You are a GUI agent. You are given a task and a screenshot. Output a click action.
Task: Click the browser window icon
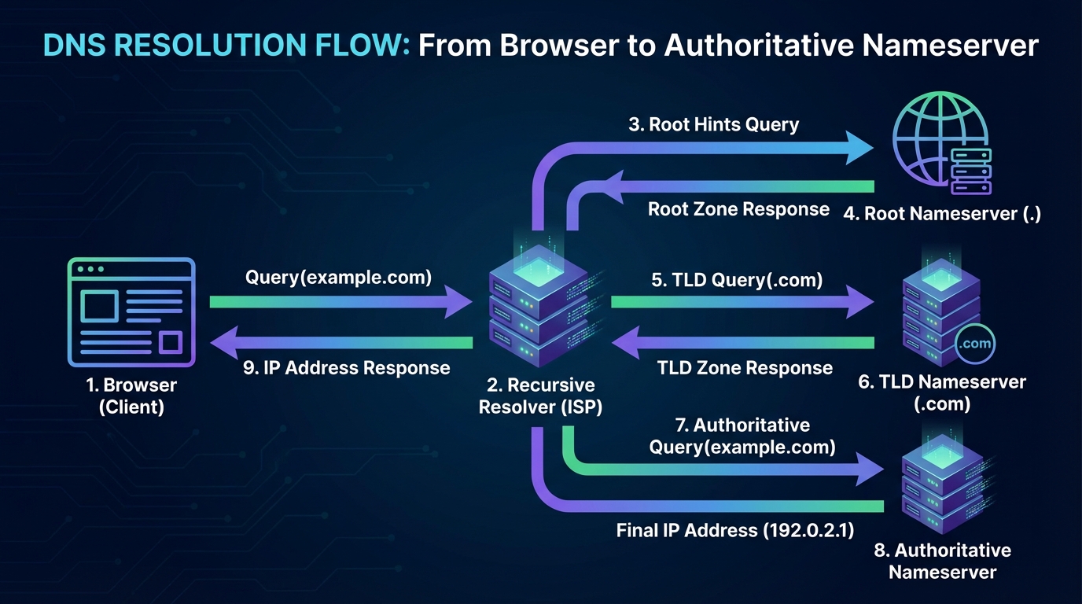(131, 312)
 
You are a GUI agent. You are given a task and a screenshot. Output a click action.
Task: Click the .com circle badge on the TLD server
(976, 344)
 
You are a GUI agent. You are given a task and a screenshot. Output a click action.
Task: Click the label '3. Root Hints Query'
(713, 124)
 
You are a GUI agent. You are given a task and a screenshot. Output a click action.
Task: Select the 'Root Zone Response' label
(738, 209)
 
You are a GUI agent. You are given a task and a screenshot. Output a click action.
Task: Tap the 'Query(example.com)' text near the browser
(339, 278)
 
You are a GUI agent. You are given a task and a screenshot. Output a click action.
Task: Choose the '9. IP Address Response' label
(346, 368)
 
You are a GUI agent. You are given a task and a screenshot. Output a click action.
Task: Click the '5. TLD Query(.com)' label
(737, 280)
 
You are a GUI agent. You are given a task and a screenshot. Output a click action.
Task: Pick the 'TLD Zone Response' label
(745, 368)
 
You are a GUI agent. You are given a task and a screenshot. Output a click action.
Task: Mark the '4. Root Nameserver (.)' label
(941, 214)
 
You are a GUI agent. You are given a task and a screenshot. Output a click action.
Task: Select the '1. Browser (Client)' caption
(131, 396)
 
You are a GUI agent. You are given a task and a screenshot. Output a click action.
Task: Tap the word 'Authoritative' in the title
(758, 46)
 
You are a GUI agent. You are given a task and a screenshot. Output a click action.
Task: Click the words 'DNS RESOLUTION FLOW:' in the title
(226, 46)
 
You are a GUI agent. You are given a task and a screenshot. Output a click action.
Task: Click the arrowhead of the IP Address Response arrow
(224, 342)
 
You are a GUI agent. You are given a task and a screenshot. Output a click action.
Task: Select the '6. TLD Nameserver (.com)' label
(942, 392)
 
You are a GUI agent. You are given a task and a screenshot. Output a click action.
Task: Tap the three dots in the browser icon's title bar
(90, 269)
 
